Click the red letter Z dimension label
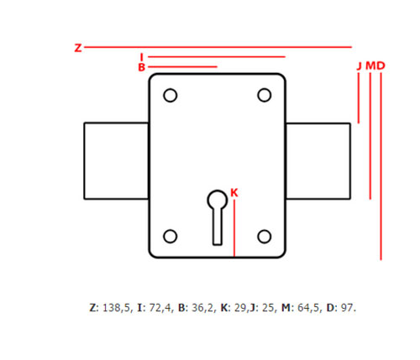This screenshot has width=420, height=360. pyautogui.click(x=78, y=48)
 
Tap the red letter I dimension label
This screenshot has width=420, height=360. pyautogui.click(x=142, y=57)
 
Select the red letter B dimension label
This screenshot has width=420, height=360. pyautogui.click(x=142, y=67)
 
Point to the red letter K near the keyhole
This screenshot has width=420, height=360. pyautogui.click(x=234, y=192)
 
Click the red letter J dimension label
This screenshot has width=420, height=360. pyautogui.click(x=360, y=65)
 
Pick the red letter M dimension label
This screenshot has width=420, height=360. pyautogui.click(x=370, y=65)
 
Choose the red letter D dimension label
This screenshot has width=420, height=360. pyautogui.click(x=381, y=65)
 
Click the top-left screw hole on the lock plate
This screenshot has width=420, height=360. pyautogui.click(x=171, y=96)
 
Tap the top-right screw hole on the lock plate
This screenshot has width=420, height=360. pyautogui.click(x=264, y=96)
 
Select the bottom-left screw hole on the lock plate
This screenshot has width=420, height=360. pyautogui.click(x=171, y=237)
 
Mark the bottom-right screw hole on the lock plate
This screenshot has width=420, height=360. pyautogui.click(x=264, y=237)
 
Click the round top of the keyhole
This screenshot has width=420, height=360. pyautogui.click(x=218, y=200)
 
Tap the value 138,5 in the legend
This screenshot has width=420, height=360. pyautogui.click(x=117, y=308)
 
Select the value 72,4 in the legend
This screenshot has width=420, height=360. pyautogui.click(x=160, y=308)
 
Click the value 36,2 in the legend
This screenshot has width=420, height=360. pyautogui.click(x=202, y=308)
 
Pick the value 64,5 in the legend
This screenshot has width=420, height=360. pyautogui.click(x=308, y=308)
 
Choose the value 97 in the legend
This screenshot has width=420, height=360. pyautogui.click(x=347, y=308)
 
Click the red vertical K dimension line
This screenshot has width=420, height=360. pyautogui.click(x=234, y=227)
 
